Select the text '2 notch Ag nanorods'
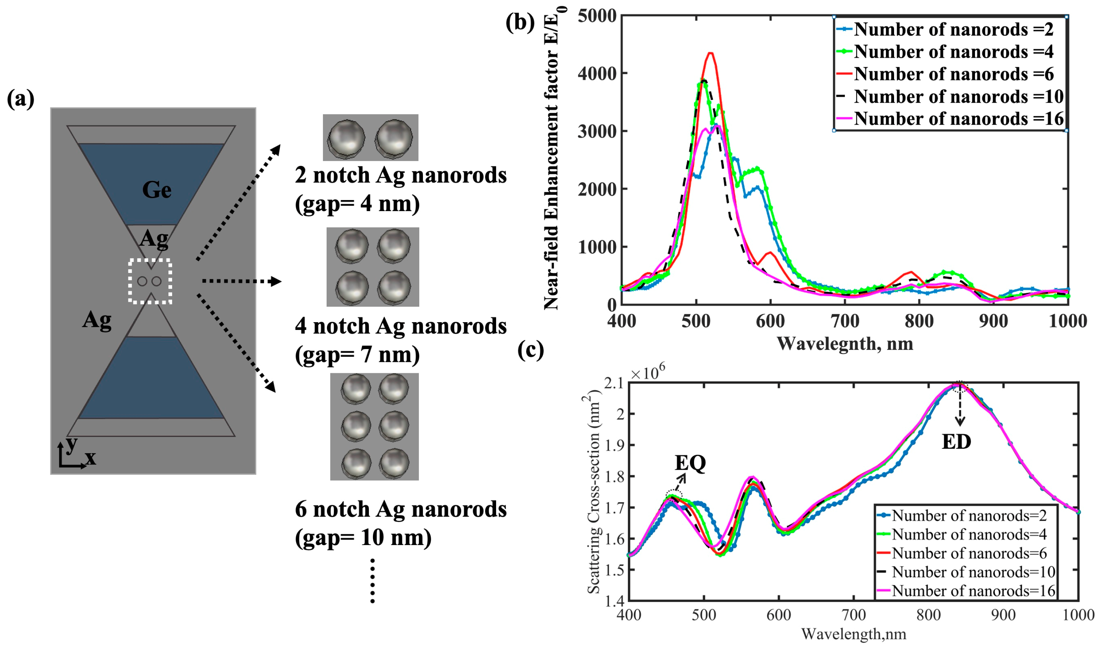pos(401,175)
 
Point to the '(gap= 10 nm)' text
pos(363,537)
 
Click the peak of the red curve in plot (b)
pos(711,54)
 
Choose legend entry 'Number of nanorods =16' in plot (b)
pos(958,119)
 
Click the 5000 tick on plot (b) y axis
pos(597,16)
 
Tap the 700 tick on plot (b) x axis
pos(845,321)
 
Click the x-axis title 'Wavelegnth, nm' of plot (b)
pos(845,344)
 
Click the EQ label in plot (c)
pos(690,463)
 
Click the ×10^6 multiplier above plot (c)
pos(647,373)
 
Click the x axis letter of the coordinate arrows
pos(90,458)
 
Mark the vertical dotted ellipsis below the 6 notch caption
pos(372,580)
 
